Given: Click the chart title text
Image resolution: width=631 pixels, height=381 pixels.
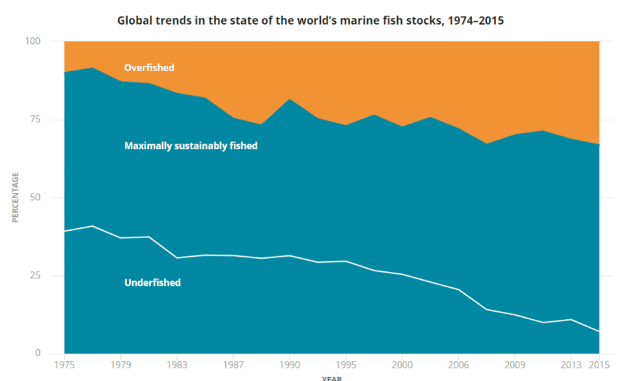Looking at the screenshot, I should (x=310, y=20).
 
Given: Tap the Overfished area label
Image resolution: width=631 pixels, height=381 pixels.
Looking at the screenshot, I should (x=149, y=67).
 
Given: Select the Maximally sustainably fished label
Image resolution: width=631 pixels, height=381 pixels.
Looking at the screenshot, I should (x=191, y=145).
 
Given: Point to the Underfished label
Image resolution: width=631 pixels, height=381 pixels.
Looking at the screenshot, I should (x=152, y=282).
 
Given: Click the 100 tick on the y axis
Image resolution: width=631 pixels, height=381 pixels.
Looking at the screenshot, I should (x=33, y=41).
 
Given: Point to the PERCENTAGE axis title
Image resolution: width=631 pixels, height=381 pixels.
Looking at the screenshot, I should (x=15, y=197).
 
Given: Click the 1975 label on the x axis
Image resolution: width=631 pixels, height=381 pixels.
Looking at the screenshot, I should (x=64, y=365).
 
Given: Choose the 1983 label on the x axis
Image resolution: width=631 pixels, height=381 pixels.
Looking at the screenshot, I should (x=177, y=365).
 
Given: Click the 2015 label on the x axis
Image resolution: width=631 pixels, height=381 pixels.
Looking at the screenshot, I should (x=599, y=365).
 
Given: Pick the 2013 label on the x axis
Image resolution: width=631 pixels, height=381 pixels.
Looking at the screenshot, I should (x=571, y=365).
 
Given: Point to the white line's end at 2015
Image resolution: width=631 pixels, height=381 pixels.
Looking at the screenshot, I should (x=599, y=331).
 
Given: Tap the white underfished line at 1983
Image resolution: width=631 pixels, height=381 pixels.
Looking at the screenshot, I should (x=177, y=257).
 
